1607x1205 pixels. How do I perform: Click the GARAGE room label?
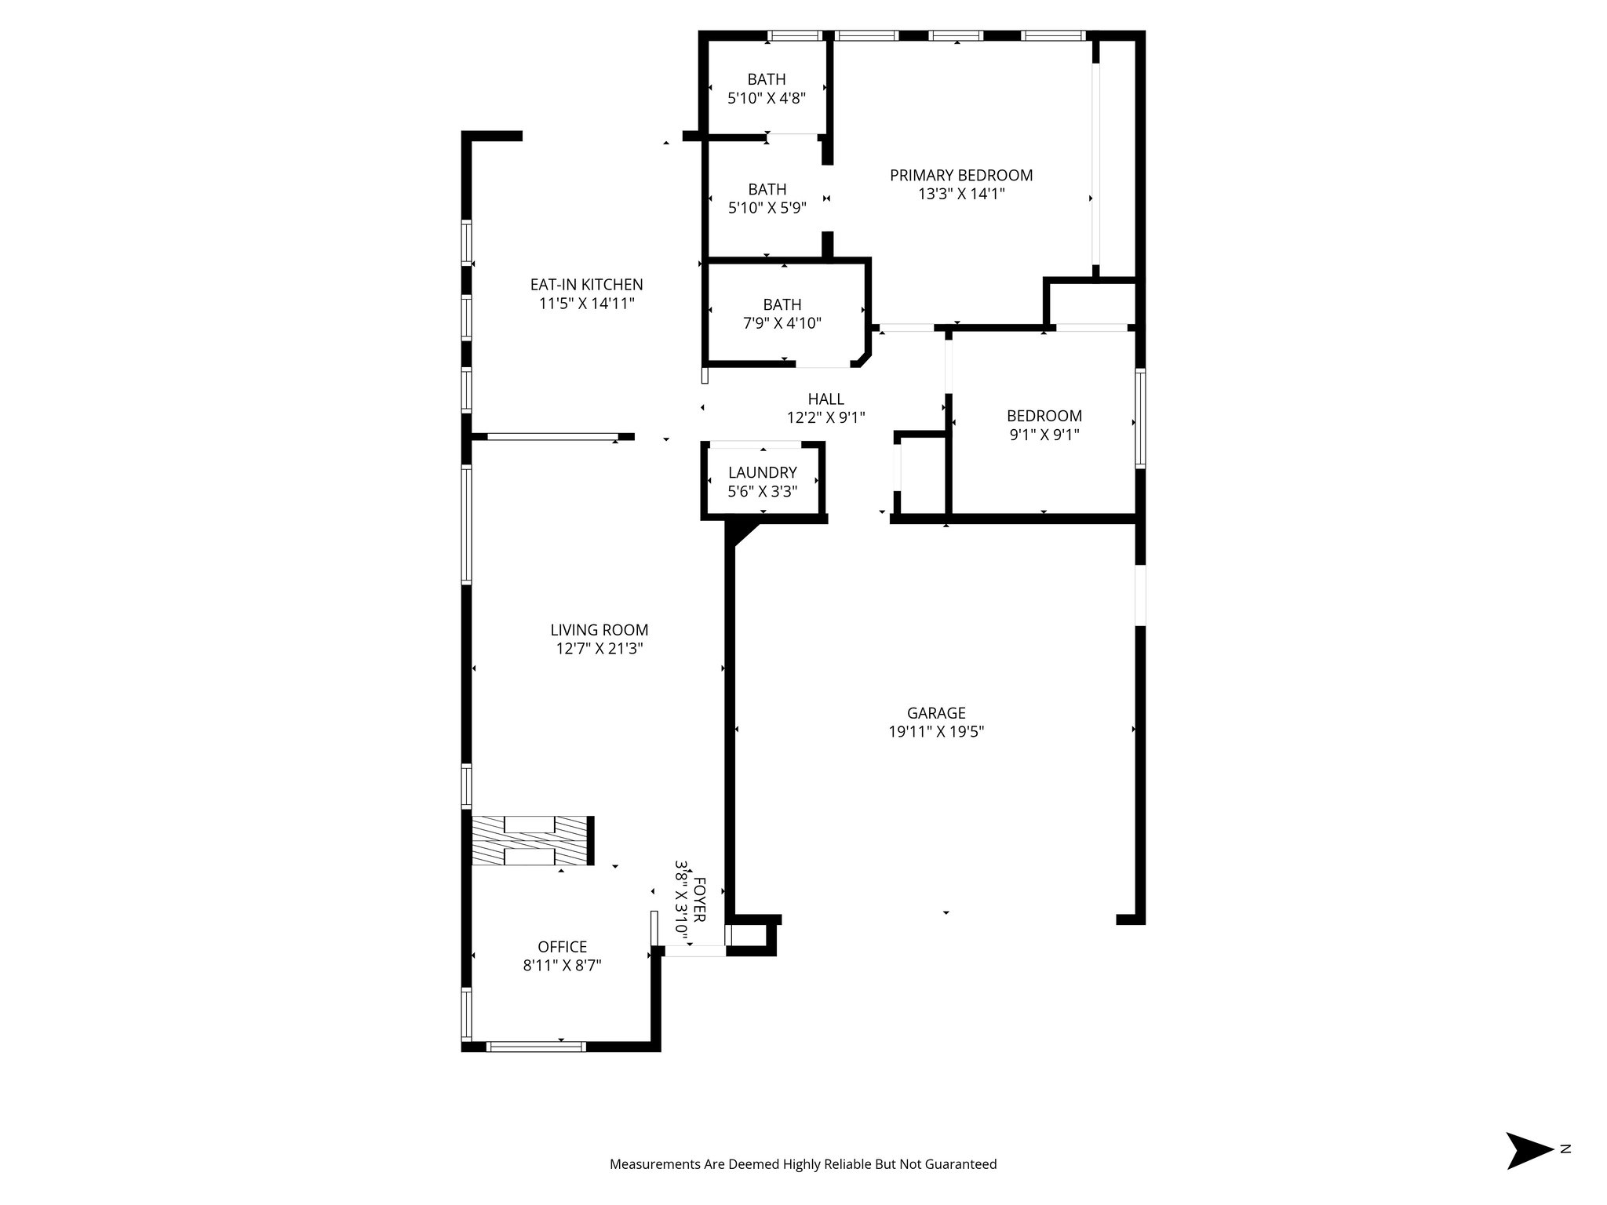pos(936,713)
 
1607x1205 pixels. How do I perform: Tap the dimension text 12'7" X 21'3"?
pos(599,649)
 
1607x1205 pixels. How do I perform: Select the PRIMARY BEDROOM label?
pos(961,176)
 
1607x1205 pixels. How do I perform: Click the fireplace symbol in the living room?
pos(531,840)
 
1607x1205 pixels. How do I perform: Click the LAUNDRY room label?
pos(762,473)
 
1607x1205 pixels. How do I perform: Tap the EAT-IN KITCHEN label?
pos(586,285)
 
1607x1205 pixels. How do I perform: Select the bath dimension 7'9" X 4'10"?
pos(782,323)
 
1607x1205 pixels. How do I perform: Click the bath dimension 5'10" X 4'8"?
pos(767,98)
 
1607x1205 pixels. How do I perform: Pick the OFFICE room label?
pos(562,947)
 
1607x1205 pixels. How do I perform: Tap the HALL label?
pos(825,399)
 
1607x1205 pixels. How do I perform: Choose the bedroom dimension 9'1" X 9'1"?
pos(1044,435)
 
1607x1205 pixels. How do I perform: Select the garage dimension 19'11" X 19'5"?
pos(936,732)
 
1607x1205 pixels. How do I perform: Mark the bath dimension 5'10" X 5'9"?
pos(767,208)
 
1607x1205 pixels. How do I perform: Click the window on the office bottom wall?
pos(536,1046)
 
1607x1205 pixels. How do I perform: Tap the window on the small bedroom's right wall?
pos(1140,418)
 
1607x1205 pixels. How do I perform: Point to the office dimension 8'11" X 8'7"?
pos(562,966)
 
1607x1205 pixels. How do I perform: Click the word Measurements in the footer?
pos(654,1164)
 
